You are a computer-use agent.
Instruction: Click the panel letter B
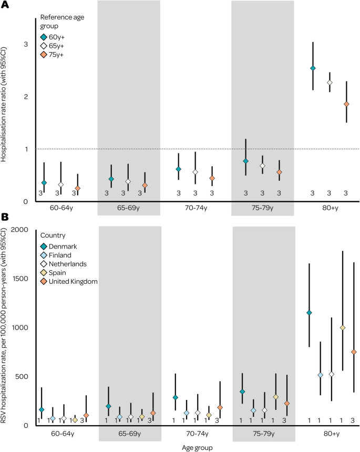pyautogui.click(x=5, y=217)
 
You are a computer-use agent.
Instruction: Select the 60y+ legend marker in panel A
pyautogui.click(x=44, y=37)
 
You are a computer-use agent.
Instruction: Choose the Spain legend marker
pyautogui.click(x=44, y=272)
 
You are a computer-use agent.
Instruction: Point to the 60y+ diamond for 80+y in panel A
pyautogui.click(x=313, y=68)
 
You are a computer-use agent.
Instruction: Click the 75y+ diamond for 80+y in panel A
pyautogui.click(x=346, y=104)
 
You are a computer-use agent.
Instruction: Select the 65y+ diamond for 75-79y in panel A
pyautogui.click(x=262, y=166)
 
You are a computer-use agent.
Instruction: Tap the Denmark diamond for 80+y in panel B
pyautogui.click(x=309, y=313)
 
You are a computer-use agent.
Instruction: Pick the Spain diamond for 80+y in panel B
pyautogui.click(x=343, y=327)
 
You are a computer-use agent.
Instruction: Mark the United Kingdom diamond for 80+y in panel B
pyautogui.click(x=354, y=352)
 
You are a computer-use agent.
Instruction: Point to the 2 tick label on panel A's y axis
pyautogui.click(x=25, y=97)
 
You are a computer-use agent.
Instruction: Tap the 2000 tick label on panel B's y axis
pyautogui.click(x=20, y=230)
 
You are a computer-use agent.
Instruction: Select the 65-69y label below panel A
pyautogui.click(x=129, y=209)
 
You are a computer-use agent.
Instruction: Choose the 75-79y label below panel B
pyautogui.click(x=262, y=435)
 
